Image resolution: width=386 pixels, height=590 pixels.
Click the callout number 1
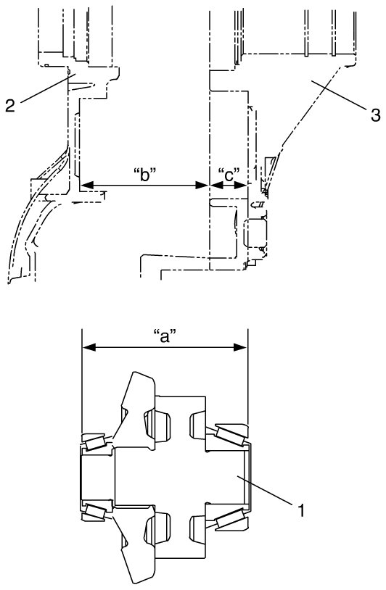(301, 510)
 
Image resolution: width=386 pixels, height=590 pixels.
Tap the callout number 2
(10, 105)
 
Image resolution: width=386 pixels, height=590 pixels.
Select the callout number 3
(375, 115)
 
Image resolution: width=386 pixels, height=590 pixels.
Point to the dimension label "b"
(145, 174)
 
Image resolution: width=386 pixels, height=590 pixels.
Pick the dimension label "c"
(229, 174)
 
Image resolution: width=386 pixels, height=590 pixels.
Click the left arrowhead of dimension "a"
(89, 347)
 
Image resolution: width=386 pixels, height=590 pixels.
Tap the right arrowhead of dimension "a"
(240, 347)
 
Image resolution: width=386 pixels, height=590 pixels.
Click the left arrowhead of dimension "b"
(86, 185)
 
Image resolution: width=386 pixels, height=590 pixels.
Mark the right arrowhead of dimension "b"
(202, 185)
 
